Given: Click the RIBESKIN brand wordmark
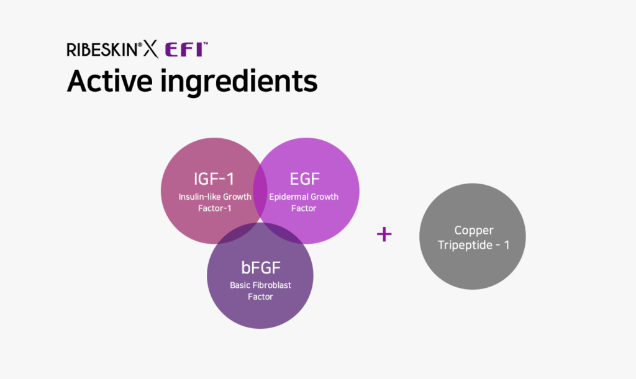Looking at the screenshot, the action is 102,50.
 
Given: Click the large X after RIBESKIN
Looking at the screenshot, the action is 151,50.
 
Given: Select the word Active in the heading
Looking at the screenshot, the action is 109,81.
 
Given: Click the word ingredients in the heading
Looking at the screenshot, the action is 238,82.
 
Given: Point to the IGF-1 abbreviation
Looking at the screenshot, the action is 214,179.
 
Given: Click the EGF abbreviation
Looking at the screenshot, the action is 304,179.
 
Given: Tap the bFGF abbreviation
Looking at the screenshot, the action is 261,267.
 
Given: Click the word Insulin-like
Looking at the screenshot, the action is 198,197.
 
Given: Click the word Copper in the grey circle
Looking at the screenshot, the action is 474,231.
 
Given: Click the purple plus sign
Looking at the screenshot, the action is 384,234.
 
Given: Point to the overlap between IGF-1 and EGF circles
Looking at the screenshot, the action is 260,190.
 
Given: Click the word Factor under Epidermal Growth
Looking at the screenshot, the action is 303,208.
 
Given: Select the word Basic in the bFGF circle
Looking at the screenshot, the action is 240,285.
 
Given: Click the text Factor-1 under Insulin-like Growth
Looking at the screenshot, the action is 214,208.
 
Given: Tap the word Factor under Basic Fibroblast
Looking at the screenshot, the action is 260,297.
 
